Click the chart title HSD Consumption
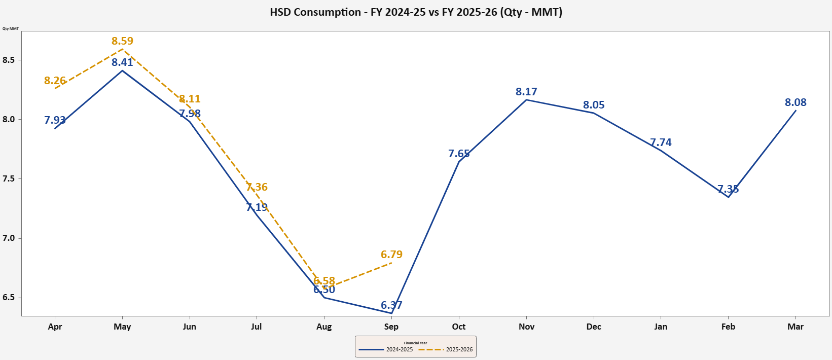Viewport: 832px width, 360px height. (416, 12)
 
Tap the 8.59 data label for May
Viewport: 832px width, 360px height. (122, 41)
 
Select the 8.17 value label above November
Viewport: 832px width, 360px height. (526, 92)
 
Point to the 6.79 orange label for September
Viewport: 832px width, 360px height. (391, 255)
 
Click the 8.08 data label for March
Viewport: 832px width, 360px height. (795, 102)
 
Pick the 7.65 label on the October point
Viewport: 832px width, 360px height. (459, 154)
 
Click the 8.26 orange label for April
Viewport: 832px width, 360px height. (55, 81)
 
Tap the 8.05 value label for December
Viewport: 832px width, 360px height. (594, 105)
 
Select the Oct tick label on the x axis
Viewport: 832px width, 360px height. (459, 327)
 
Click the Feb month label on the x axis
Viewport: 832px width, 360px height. (728, 327)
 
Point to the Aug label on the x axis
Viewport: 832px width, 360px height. (324, 327)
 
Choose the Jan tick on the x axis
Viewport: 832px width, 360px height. (661, 327)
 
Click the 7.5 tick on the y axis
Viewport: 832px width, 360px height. (9, 179)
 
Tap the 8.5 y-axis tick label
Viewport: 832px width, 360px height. (9, 60)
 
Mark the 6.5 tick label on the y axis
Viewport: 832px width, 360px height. (9, 298)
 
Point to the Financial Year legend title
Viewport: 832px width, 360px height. (415, 343)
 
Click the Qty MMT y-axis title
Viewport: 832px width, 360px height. (11, 28)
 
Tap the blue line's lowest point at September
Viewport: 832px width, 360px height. (391, 313)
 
